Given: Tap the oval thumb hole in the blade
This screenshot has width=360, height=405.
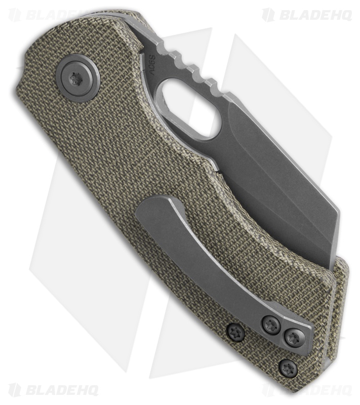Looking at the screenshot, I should (187, 108).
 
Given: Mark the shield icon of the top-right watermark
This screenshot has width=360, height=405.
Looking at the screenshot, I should (268, 15).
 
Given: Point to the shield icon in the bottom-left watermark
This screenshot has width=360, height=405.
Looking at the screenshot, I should (15, 390).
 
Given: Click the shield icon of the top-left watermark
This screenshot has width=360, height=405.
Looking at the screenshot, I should (15, 15).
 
